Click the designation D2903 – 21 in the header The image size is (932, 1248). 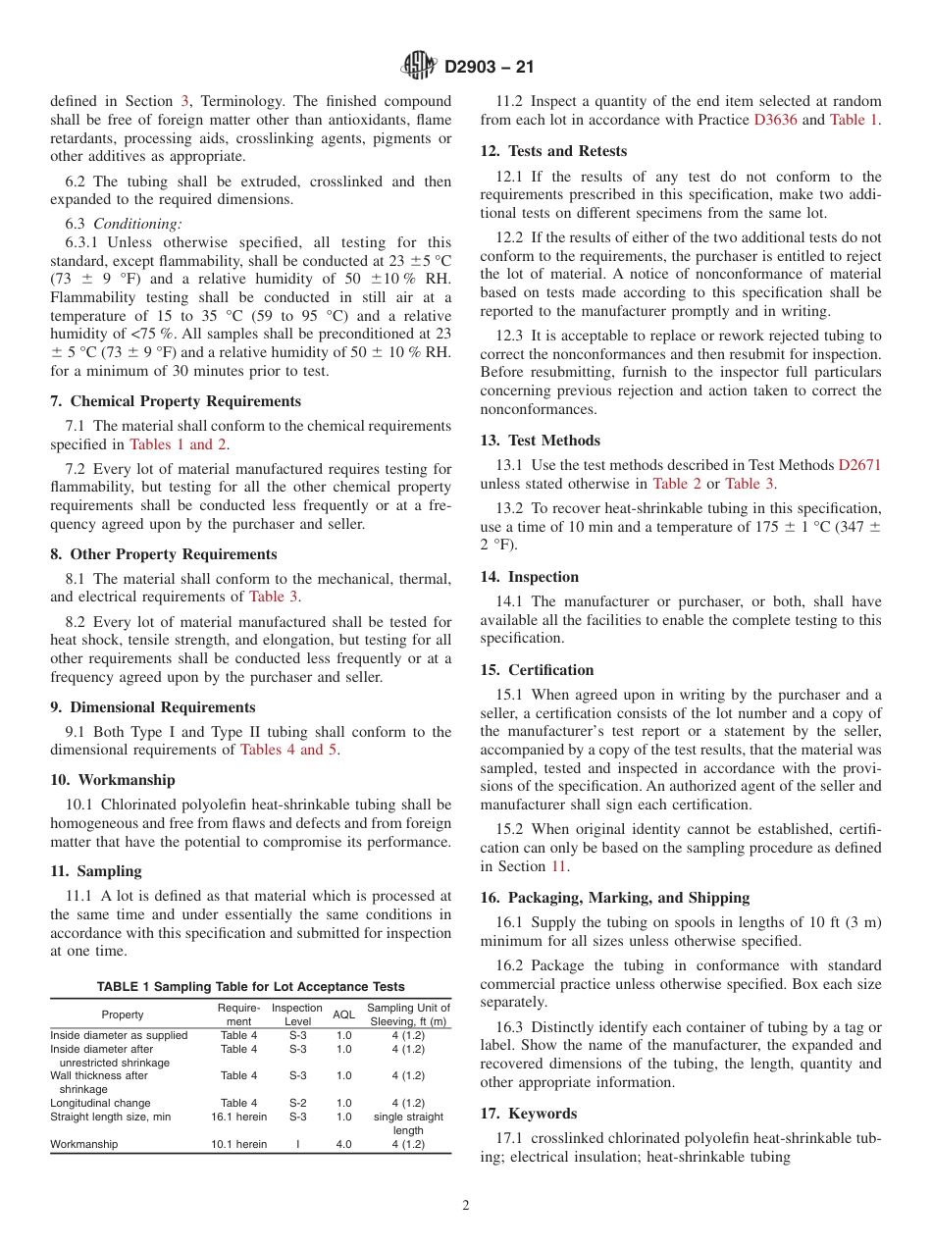(x=489, y=68)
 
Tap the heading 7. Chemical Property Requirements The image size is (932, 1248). (x=176, y=401)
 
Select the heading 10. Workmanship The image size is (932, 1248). (x=113, y=780)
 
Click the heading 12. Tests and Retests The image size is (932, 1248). (x=553, y=151)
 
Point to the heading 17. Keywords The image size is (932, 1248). (x=528, y=1114)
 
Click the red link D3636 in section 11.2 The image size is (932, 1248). (x=775, y=120)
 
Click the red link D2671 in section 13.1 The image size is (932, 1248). (x=859, y=465)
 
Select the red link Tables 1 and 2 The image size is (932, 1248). (x=179, y=444)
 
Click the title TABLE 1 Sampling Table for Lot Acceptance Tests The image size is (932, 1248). (x=250, y=986)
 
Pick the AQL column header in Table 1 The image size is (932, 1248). (x=343, y=1014)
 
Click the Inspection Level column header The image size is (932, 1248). (x=296, y=1014)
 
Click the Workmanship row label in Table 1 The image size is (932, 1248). (x=84, y=1144)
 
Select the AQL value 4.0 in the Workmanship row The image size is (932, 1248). (x=343, y=1144)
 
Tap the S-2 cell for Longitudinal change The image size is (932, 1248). (x=297, y=1103)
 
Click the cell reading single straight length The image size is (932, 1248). (x=408, y=1123)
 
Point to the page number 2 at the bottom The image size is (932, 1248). (x=466, y=1206)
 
